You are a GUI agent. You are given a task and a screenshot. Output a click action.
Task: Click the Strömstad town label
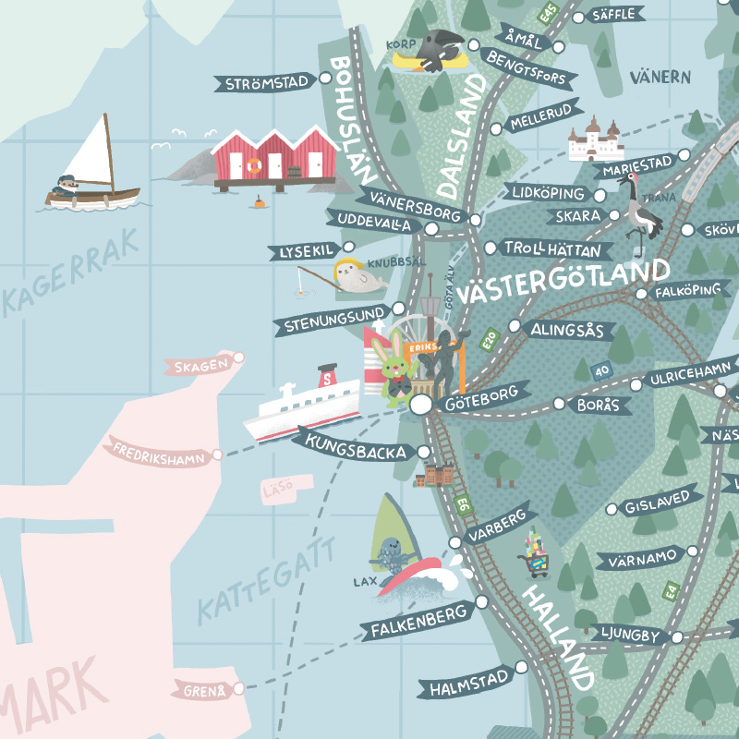(266, 83)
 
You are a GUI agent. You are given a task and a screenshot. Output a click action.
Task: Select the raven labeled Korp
(439, 48)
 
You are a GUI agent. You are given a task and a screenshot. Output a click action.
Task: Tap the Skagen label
(197, 367)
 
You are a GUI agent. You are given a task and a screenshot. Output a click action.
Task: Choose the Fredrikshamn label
(159, 453)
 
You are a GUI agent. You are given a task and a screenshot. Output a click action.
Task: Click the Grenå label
(200, 689)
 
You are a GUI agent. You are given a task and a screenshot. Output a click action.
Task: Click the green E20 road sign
(489, 341)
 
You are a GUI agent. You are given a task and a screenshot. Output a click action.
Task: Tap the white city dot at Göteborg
(421, 405)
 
